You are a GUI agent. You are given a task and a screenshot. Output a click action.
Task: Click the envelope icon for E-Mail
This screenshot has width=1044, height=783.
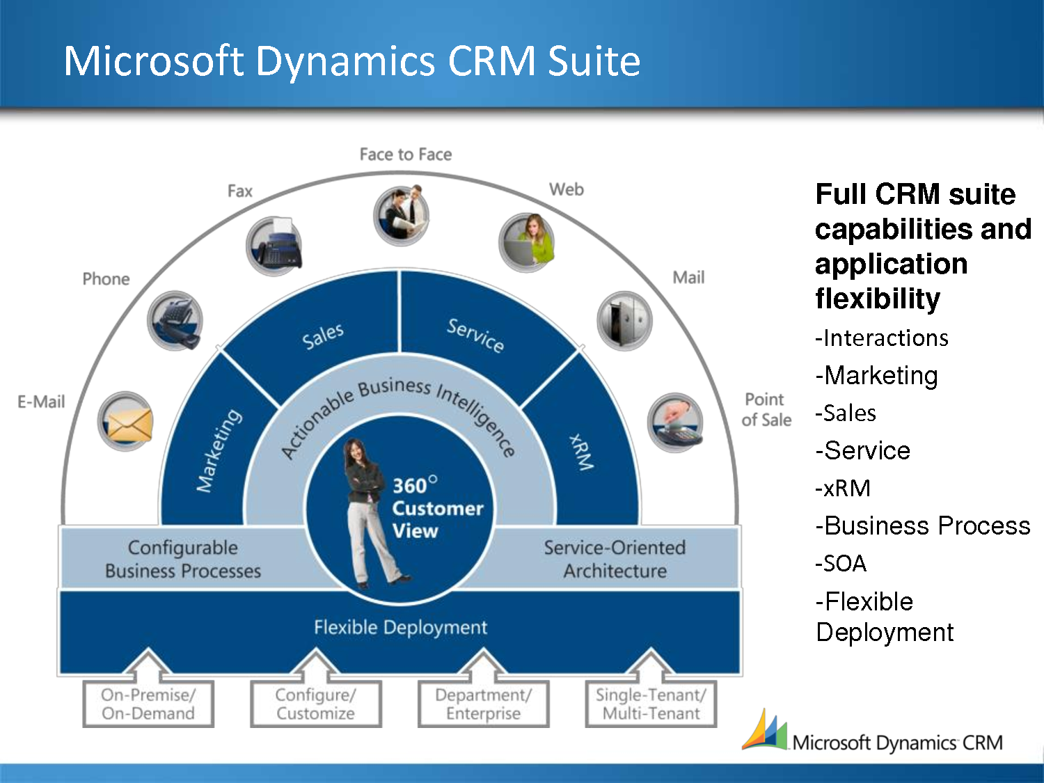click(125, 422)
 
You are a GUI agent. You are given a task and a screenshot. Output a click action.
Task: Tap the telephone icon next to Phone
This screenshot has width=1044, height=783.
click(175, 321)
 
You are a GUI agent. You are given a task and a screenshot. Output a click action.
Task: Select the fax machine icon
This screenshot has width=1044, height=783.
click(274, 246)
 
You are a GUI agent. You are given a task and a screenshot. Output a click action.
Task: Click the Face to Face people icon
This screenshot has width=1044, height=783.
click(402, 215)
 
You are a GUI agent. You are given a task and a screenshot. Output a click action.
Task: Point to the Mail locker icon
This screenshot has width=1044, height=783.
click(624, 320)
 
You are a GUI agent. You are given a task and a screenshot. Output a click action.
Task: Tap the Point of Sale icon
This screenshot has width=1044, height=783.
click(675, 422)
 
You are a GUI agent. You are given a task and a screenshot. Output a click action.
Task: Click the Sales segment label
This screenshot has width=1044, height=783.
click(323, 335)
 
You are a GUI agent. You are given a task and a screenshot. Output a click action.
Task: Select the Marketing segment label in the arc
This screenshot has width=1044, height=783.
click(219, 450)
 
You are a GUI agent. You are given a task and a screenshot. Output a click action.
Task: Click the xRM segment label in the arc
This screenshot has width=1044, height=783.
click(582, 452)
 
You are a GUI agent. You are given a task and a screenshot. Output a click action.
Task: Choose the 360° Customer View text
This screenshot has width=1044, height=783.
click(436, 508)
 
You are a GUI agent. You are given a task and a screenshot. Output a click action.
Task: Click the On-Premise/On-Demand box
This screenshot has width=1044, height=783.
click(148, 704)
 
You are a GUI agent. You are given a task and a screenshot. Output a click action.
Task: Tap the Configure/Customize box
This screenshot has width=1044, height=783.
click(316, 704)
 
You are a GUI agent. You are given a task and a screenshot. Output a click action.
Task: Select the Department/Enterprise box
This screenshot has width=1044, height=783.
click(483, 704)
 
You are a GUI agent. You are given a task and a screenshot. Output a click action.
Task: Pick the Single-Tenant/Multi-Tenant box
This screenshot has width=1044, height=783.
click(651, 704)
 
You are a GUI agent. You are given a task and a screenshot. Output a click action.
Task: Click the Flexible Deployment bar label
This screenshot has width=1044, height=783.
click(400, 628)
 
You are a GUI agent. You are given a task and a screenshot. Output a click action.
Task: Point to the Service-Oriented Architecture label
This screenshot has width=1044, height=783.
click(615, 559)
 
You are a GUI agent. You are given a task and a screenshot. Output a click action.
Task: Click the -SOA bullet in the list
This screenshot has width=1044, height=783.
click(841, 563)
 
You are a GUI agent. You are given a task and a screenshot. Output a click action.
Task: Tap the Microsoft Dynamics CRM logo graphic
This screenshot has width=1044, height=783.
click(764, 731)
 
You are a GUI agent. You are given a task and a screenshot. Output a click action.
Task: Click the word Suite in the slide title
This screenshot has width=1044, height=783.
click(594, 61)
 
